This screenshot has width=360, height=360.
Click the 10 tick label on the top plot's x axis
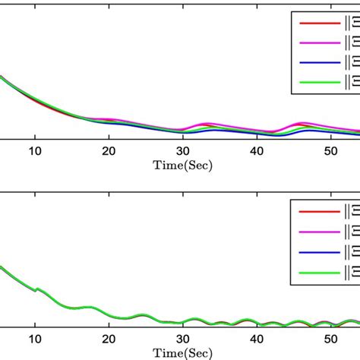coord(35,150)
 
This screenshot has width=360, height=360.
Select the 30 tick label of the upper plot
coord(183,150)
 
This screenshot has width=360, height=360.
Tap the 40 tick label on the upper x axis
coord(257,150)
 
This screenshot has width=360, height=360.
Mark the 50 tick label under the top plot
coord(332,150)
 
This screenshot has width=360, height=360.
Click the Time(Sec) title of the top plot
coord(183,164)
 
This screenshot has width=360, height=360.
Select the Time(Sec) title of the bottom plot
coord(183,353)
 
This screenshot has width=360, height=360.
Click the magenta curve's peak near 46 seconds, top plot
coord(305,122)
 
